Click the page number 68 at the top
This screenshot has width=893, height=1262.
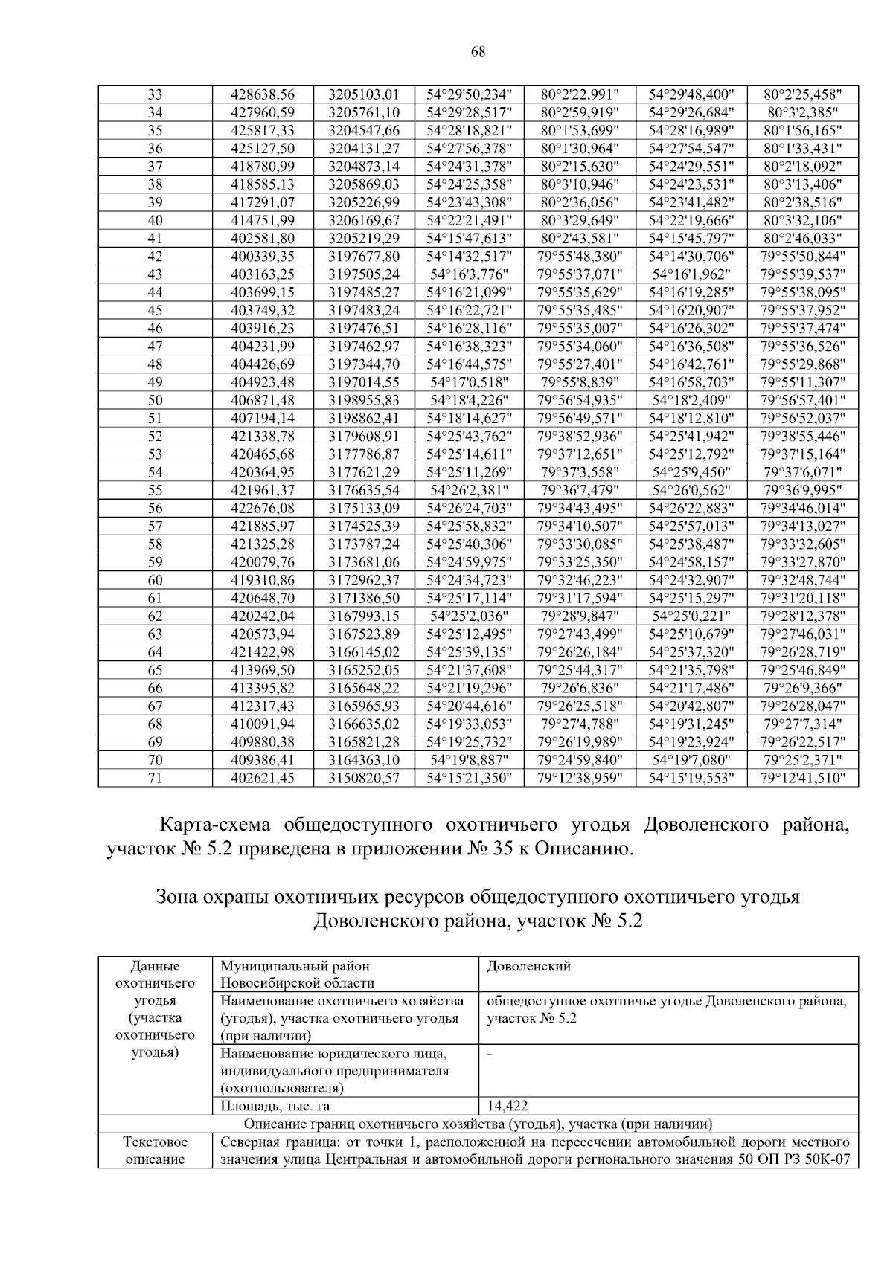[x=478, y=51]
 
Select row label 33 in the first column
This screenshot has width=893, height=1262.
[x=155, y=94]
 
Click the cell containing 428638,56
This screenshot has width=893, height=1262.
[x=263, y=94]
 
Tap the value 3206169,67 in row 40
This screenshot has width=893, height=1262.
[x=364, y=220]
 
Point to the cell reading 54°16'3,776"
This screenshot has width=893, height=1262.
[x=470, y=274]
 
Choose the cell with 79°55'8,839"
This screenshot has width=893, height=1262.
[x=580, y=382]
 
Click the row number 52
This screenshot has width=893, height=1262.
[x=155, y=437]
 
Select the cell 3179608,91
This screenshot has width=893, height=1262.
[x=364, y=437]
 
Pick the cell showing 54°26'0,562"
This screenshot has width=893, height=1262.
[x=691, y=490]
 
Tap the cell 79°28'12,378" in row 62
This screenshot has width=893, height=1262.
[x=803, y=616]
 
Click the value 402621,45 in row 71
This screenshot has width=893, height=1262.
[x=263, y=778]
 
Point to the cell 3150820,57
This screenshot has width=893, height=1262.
[x=364, y=778]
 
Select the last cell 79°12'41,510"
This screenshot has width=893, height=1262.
[x=803, y=778]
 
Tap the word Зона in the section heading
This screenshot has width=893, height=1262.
[x=177, y=896]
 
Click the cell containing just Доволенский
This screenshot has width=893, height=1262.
[x=528, y=967]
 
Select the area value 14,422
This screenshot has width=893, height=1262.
[x=508, y=1106]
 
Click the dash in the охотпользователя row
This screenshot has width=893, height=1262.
[x=489, y=1054]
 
